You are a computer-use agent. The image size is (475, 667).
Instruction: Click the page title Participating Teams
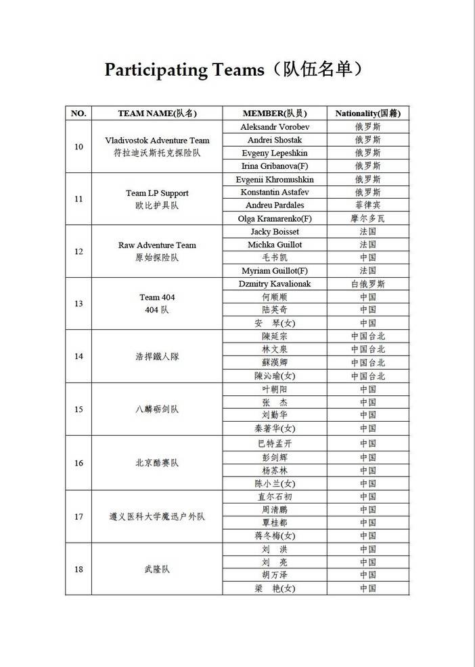tap(237, 70)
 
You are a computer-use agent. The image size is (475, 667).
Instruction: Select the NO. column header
tap(78, 114)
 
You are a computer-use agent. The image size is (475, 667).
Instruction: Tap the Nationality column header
tap(367, 114)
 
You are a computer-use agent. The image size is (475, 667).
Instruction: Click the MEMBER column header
tap(274, 114)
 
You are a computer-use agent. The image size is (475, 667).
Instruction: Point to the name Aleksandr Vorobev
tap(274, 127)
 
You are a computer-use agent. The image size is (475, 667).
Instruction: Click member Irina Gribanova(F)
tap(274, 166)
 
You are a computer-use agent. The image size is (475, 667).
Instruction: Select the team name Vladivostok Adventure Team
tap(157, 141)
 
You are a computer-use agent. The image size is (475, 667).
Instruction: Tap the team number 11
tap(78, 199)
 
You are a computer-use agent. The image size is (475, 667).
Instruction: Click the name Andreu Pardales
tap(274, 205)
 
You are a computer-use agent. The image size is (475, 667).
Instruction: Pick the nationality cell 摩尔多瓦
tap(367, 218)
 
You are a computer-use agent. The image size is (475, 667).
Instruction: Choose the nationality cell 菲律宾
tap(367, 205)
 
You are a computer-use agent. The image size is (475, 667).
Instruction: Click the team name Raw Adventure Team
tap(157, 245)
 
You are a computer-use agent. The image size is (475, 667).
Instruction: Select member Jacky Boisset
tap(274, 232)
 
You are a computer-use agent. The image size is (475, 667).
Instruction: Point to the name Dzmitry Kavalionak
tap(274, 284)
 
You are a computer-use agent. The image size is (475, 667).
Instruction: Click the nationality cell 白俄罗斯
tap(367, 284)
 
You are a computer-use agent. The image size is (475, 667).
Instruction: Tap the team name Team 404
tap(157, 297)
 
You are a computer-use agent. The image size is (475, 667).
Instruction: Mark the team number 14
tap(78, 356)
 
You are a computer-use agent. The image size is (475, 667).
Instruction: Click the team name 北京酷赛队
tap(157, 463)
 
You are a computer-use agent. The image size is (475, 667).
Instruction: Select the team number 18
tap(78, 569)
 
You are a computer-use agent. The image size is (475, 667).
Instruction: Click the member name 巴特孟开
tap(274, 443)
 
